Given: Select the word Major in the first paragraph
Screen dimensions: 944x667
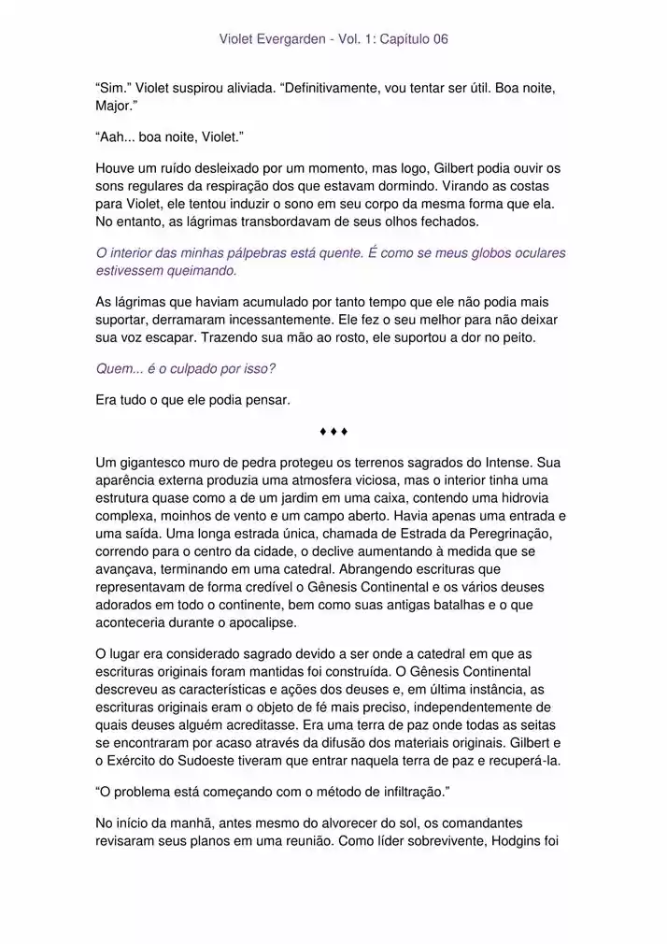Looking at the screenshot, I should pyautogui.click(x=114, y=106).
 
